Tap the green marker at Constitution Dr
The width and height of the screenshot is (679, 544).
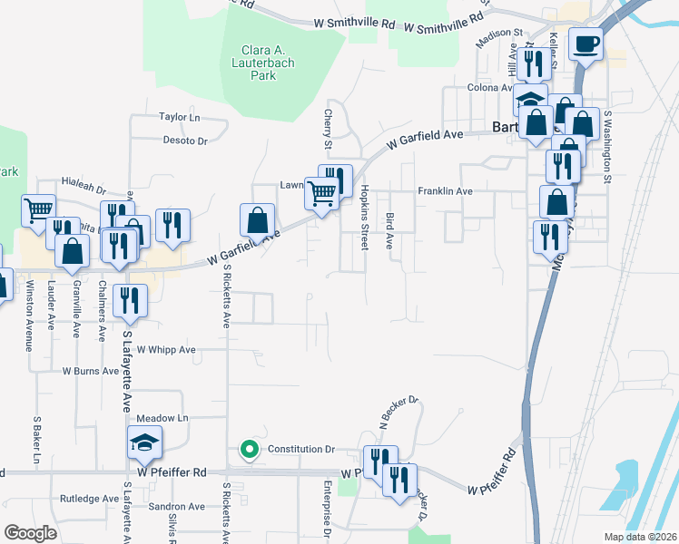click(x=248, y=449)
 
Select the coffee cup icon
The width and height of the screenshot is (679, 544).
click(x=586, y=43)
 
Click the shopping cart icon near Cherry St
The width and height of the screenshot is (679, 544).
click(x=322, y=193)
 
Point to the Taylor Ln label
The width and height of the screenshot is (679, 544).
click(x=179, y=117)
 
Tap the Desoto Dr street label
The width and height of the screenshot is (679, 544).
click(x=185, y=141)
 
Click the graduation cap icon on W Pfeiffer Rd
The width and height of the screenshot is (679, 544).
click(x=144, y=442)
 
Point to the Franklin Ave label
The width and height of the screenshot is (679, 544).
click(x=446, y=191)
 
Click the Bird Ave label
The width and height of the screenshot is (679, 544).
click(x=389, y=231)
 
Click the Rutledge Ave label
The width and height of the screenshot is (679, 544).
click(x=89, y=499)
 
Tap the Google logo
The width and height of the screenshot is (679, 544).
click(x=30, y=533)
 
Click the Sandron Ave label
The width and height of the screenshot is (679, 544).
click(x=178, y=507)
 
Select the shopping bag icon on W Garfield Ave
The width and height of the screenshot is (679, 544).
click(x=257, y=219)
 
